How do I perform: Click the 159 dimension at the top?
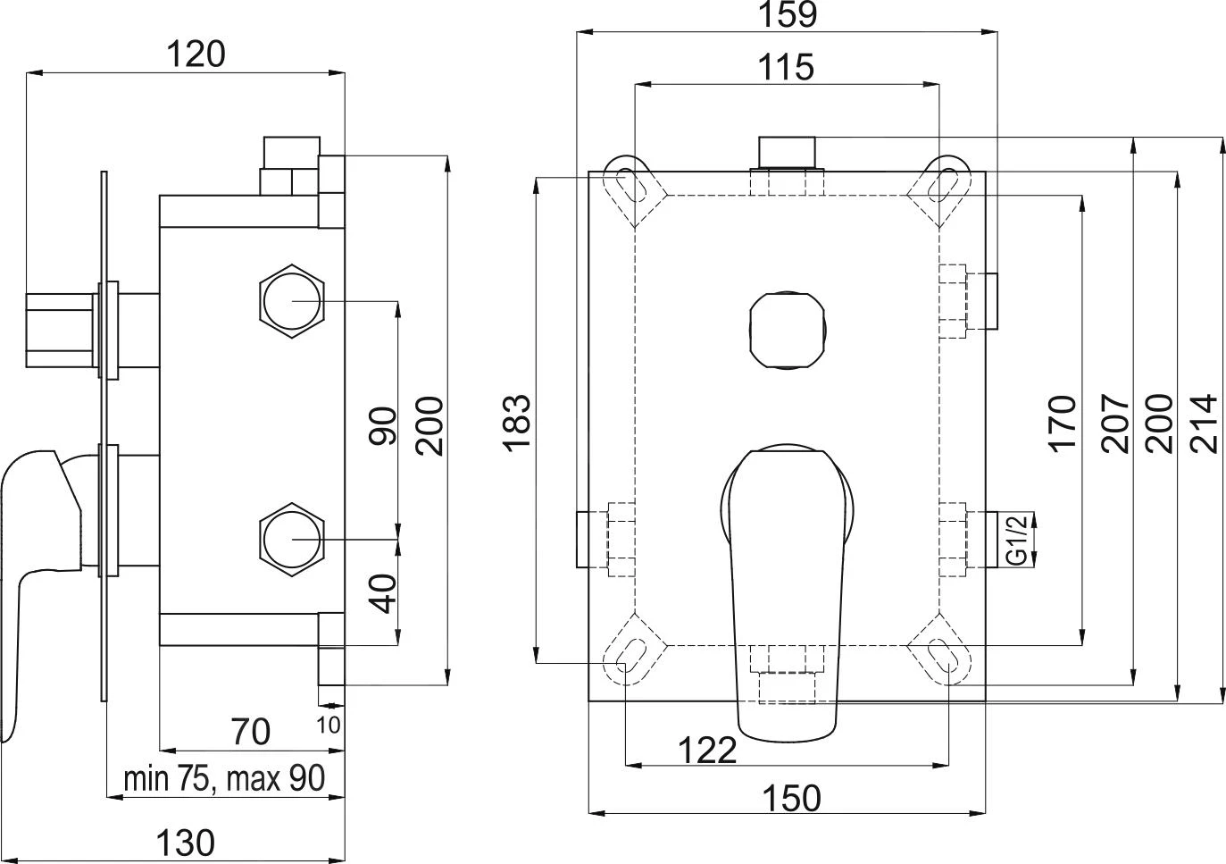(x=787, y=14)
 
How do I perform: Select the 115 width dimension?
(x=787, y=67)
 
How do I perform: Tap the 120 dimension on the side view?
(x=196, y=55)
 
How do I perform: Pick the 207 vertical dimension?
(x=1115, y=423)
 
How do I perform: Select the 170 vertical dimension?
(x=1063, y=423)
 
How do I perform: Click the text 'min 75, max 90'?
(x=224, y=778)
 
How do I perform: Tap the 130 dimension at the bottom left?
(x=186, y=842)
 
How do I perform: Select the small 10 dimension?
(x=328, y=725)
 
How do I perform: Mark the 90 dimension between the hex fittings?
(x=382, y=425)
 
